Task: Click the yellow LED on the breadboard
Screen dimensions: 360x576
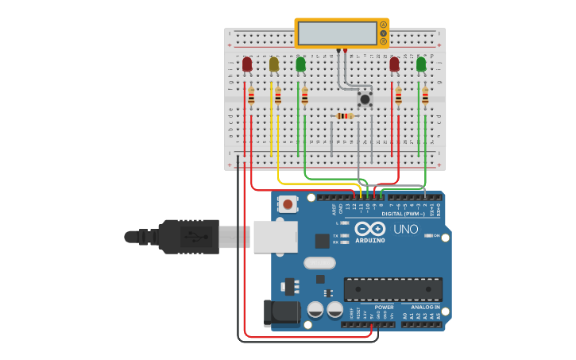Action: pos(274,64)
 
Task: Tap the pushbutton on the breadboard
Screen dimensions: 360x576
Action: pos(365,99)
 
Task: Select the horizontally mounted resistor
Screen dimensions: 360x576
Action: pos(344,116)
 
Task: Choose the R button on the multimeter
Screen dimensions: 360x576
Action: pos(383,42)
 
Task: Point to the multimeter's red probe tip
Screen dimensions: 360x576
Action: pos(345,51)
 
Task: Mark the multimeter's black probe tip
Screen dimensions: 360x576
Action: pos(338,51)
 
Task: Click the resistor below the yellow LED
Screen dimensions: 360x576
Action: pos(278,96)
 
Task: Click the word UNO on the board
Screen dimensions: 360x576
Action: pos(406,230)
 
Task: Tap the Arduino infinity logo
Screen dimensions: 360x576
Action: pos(370,229)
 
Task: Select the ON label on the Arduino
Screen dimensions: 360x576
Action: pos(437,236)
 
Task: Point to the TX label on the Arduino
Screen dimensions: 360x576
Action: pos(336,236)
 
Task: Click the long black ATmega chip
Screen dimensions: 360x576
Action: pos(392,289)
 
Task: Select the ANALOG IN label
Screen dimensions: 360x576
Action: pos(425,307)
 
